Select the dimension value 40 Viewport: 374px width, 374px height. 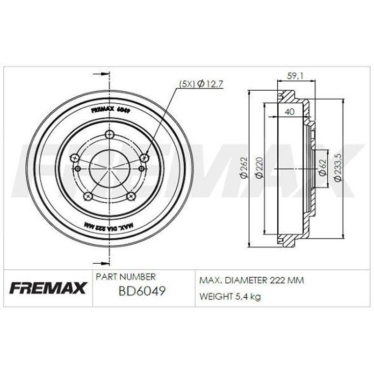point(289,111)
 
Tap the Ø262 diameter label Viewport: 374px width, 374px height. point(245,167)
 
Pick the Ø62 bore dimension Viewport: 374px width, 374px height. point(323,167)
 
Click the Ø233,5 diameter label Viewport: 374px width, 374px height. point(338,167)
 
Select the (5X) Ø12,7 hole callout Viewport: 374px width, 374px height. point(201,84)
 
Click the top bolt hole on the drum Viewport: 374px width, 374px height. point(109,134)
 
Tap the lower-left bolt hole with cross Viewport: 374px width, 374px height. point(88,196)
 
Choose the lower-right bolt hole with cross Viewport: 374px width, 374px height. point(131,196)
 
